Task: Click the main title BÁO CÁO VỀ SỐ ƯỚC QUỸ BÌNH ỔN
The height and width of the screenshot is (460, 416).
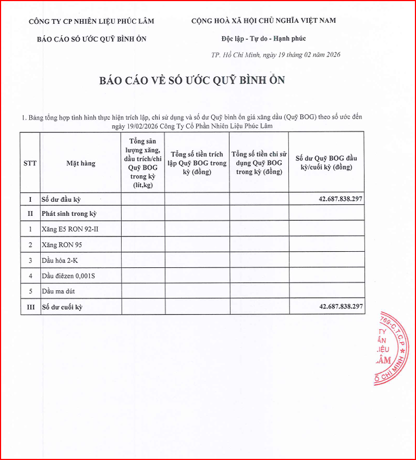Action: coord(192,80)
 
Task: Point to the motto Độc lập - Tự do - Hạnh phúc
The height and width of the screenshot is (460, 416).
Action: coord(264,39)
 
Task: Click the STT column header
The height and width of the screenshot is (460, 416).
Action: coord(30,163)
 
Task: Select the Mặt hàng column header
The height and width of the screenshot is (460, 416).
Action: coord(81,163)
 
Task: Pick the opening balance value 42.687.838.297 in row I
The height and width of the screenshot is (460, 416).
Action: coord(341,199)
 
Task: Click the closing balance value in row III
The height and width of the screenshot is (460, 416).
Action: coord(341,307)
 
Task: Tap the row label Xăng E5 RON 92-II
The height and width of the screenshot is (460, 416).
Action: coord(70,229)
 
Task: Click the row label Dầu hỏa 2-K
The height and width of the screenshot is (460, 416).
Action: coord(60,260)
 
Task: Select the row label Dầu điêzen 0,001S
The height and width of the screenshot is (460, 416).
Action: coord(68,276)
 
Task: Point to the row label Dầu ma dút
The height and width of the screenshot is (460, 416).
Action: coord(58,291)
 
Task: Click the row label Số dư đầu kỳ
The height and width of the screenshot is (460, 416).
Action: coord(65,199)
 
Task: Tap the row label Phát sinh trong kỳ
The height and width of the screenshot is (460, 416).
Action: coord(70,214)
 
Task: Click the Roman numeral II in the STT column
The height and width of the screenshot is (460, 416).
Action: coord(30,214)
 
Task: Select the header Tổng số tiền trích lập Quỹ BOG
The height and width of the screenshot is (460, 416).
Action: coord(197,163)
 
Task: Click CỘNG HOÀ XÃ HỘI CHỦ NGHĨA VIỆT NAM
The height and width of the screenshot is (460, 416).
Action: coord(263,21)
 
